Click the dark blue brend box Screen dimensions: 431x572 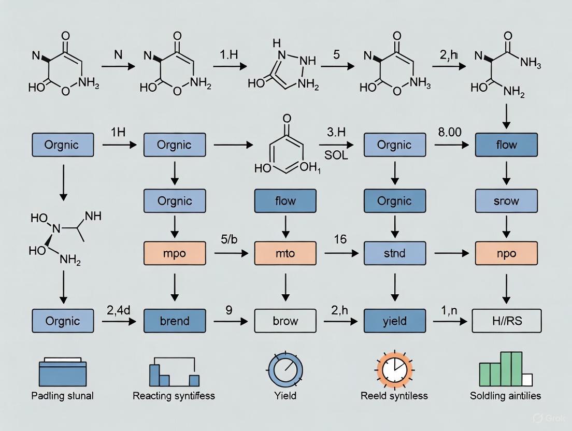pyautogui.click(x=174, y=321)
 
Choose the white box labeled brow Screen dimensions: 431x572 pyautogui.click(x=285, y=321)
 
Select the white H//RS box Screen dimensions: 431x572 pyautogui.click(x=506, y=321)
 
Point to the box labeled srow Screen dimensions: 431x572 pyautogui.click(x=506, y=200)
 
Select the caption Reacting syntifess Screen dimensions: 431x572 pyautogui.click(x=174, y=396)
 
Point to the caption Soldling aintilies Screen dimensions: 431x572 pyautogui.click(x=505, y=396)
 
